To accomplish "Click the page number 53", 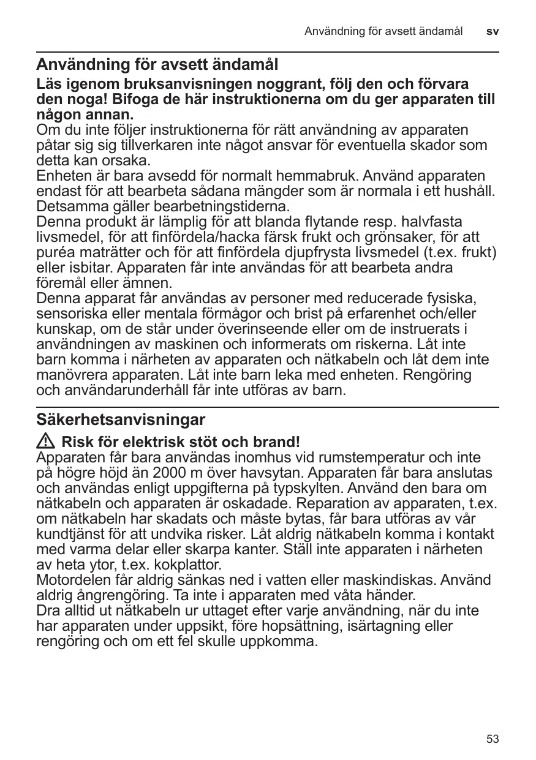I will tap(493, 739).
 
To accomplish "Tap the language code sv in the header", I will tap(493, 31).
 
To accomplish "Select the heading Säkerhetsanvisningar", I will tap(121, 420).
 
